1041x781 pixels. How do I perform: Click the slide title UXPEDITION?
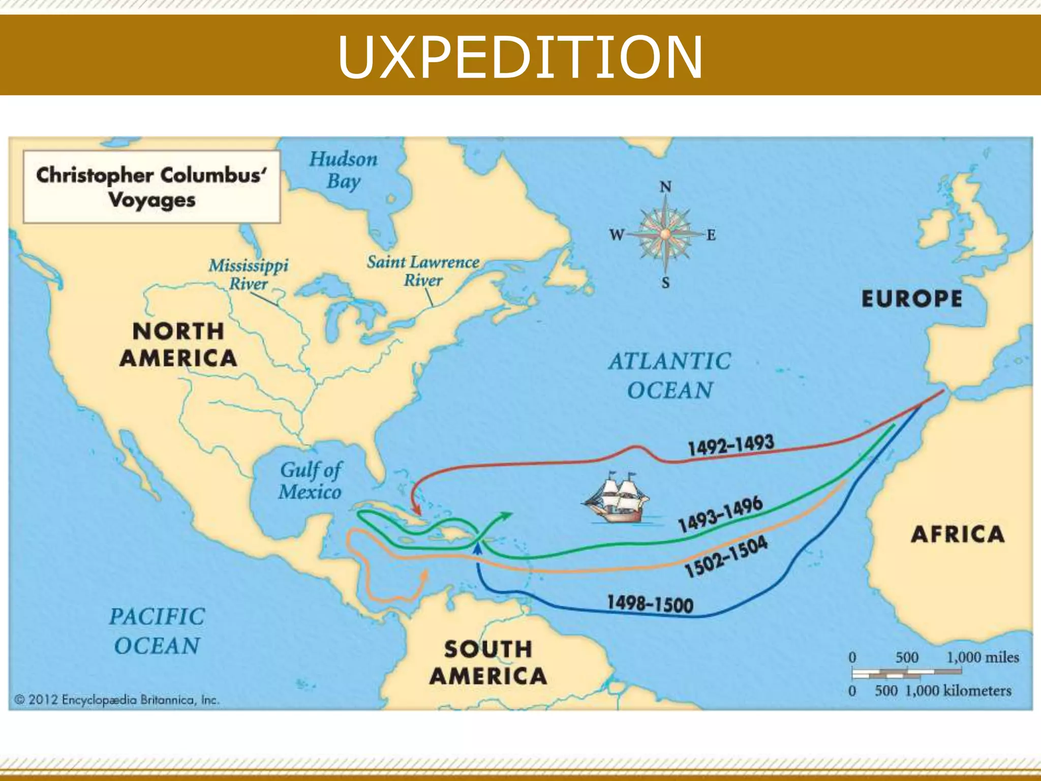pyautogui.click(x=520, y=57)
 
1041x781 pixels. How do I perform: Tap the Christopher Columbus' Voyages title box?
pyautogui.click(x=151, y=187)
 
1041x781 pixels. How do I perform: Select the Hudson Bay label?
pyautogui.click(x=344, y=170)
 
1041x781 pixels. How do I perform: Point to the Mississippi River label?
pyautogui.click(x=249, y=274)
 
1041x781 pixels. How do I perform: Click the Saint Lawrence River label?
pyautogui.click(x=423, y=271)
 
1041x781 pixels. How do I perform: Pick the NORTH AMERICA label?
pyautogui.click(x=178, y=345)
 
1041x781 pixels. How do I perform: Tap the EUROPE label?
pyautogui.click(x=912, y=298)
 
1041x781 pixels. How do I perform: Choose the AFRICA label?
pyautogui.click(x=958, y=534)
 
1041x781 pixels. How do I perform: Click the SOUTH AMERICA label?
pyautogui.click(x=488, y=663)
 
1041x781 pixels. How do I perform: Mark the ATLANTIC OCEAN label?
pyautogui.click(x=670, y=376)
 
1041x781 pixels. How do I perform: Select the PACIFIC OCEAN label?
pyautogui.click(x=157, y=631)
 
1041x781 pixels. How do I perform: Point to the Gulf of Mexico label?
pyautogui.click(x=311, y=480)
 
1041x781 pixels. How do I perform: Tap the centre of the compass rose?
pyautogui.click(x=665, y=234)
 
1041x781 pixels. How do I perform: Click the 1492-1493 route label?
pyautogui.click(x=730, y=445)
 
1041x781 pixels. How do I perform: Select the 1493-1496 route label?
pyautogui.click(x=721, y=514)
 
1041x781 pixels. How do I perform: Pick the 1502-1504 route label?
pyautogui.click(x=726, y=557)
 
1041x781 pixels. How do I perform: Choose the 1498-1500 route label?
pyautogui.click(x=650, y=604)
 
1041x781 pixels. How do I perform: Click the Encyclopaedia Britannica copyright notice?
pyautogui.click(x=117, y=700)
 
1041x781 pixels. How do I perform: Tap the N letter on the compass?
pyautogui.click(x=665, y=187)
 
